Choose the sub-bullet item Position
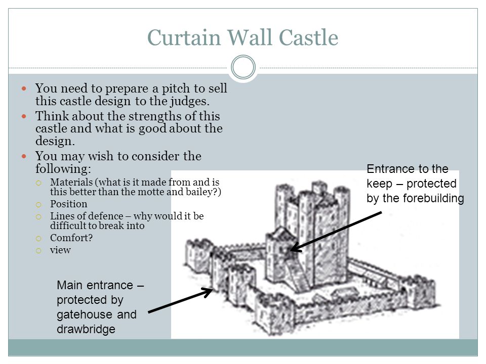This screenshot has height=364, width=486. (69, 204)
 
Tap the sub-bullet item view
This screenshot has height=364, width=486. (61, 250)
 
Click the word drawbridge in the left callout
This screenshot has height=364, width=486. (87, 329)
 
